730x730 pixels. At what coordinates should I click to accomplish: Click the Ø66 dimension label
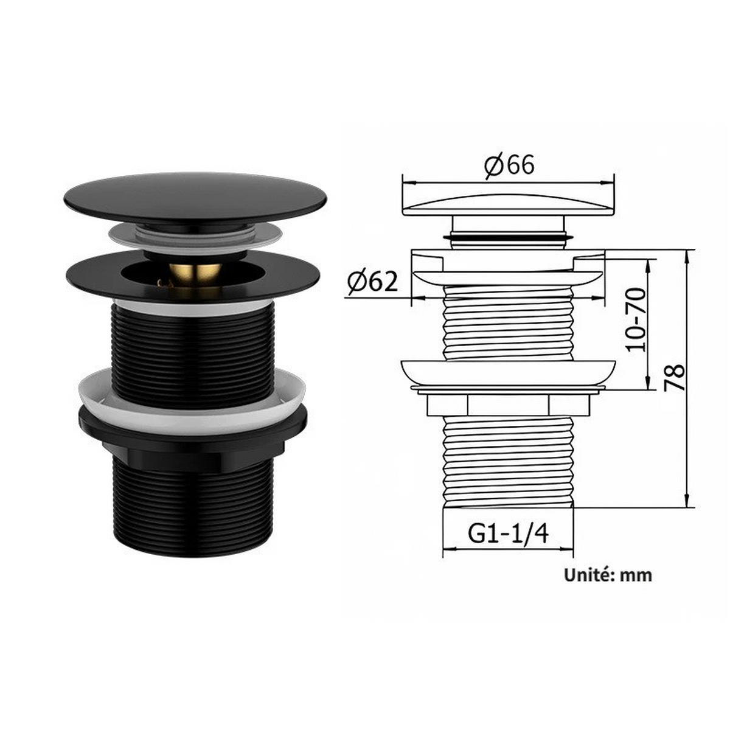click(510, 165)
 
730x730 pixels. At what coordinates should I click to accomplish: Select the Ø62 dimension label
click(373, 282)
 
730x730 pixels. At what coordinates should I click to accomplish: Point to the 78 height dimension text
click(675, 377)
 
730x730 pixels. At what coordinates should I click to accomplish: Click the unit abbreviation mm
click(636, 577)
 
